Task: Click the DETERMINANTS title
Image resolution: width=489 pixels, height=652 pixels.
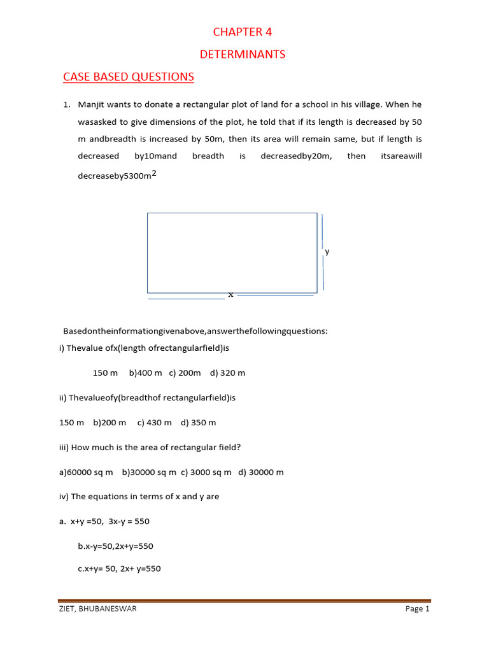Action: click(x=243, y=55)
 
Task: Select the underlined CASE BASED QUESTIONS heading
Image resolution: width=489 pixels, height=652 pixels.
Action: click(x=129, y=77)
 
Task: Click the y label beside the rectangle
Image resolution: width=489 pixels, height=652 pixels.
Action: click(x=327, y=252)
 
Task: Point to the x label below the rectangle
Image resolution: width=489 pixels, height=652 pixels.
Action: click(x=230, y=294)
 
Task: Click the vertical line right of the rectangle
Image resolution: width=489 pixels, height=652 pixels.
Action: click(x=323, y=252)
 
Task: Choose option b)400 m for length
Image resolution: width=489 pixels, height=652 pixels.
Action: click(x=145, y=373)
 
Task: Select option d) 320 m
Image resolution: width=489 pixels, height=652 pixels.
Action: click(x=227, y=373)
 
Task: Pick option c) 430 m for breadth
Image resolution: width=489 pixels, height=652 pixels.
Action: click(x=154, y=422)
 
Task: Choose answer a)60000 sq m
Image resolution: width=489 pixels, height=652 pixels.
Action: click(x=85, y=472)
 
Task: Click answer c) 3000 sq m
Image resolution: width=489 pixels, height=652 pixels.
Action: click(x=207, y=472)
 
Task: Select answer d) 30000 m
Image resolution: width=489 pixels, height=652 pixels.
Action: click(x=261, y=472)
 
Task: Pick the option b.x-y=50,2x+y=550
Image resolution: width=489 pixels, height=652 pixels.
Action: click(x=115, y=546)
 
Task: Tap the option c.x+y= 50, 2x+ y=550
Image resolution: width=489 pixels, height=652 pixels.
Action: click(x=119, y=569)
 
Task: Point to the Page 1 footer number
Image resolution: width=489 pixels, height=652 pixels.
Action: click(x=418, y=609)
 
